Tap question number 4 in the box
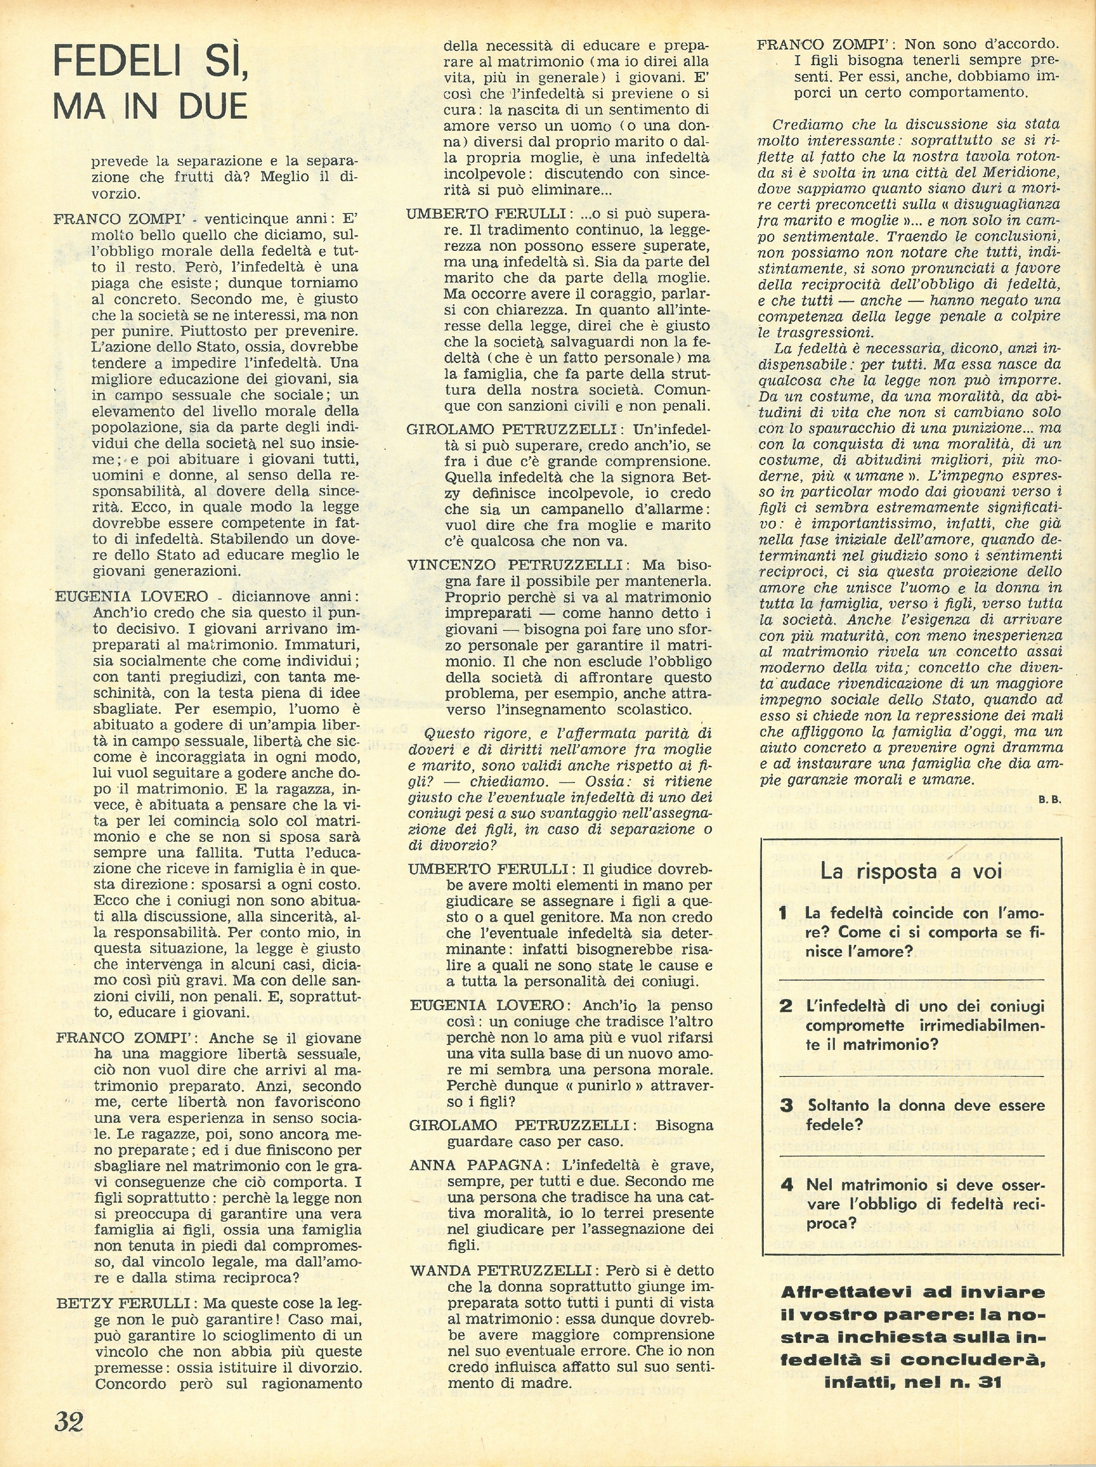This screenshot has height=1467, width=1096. tap(786, 1185)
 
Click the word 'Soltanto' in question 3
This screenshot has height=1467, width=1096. tap(841, 1106)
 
